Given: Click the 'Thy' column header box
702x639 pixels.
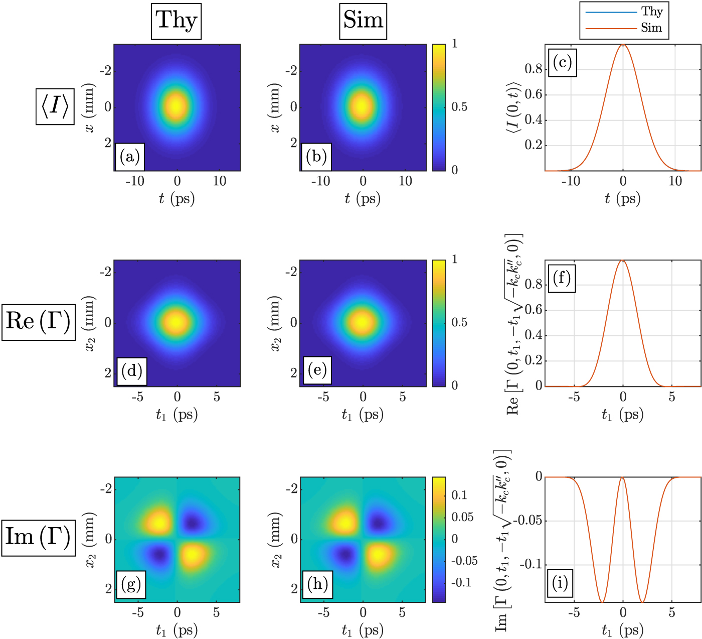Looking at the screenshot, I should click(176, 21).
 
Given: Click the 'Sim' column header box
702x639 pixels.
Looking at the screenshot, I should click(363, 21).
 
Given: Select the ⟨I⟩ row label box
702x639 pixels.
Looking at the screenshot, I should click(55, 106).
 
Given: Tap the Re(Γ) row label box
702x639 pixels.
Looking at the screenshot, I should click(38, 322).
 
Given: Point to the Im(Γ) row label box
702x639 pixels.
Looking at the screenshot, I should click(38, 538).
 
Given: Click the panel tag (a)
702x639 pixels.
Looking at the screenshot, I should click(130, 157).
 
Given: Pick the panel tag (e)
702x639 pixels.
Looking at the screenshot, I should click(317, 370).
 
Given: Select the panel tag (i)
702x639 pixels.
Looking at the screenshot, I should click(560, 583).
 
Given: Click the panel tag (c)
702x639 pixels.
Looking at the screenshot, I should click(562, 63).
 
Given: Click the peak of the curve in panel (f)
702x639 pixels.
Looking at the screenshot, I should click(623, 260).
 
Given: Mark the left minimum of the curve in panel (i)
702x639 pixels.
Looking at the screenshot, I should click(602, 602).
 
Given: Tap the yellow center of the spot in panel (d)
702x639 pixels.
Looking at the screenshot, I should click(177, 322).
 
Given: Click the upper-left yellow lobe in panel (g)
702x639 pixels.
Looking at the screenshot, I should click(160, 521).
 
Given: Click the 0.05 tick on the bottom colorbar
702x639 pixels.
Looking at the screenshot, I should click(462, 517).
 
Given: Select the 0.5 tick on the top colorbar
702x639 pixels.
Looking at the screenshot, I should click(459, 107).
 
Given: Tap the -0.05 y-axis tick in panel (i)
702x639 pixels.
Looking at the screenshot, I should click(526, 521).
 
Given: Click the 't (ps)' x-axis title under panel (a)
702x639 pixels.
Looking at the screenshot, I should click(177, 199).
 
